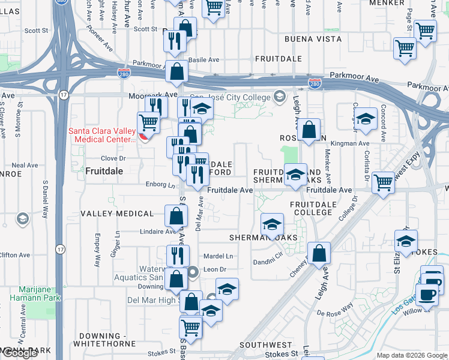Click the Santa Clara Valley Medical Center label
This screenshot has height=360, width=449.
click(102, 135)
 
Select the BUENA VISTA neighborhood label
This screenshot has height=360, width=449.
click(313, 39)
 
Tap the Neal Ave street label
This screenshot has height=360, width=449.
click(25, 165)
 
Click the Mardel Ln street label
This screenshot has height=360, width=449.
click(218, 256)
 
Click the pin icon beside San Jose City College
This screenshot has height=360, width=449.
click(279, 96)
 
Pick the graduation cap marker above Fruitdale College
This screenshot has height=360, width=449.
click(295, 175)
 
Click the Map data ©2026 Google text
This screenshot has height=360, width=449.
click(412, 355)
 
